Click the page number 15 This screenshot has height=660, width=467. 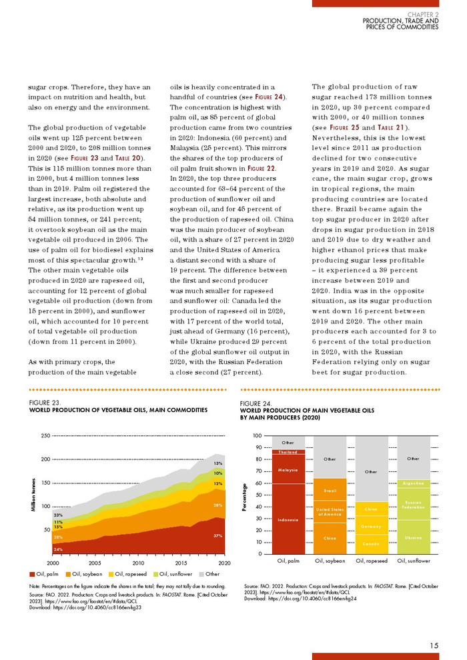click(x=434, y=644)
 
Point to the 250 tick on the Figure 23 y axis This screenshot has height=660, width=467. click(x=45, y=435)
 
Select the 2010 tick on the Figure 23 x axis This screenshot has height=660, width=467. click(x=138, y=563)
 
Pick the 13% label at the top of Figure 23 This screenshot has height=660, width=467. click(x=217, y=463)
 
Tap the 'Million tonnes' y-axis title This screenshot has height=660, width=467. click(x=33, y=495)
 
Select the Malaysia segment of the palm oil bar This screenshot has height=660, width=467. click(x=288, y=469)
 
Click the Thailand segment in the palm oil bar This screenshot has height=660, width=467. click(x=288, y=452)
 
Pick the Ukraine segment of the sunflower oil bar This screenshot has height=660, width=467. click(x=412, y=537)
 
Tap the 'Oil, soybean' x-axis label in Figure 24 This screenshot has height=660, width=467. click(x=330, y=561)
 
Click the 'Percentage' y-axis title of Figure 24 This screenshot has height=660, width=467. click(x=245, y=495)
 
